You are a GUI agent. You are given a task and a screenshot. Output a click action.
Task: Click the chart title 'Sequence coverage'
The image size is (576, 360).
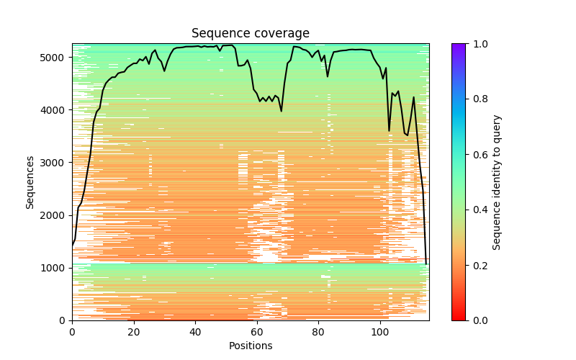[251, 34]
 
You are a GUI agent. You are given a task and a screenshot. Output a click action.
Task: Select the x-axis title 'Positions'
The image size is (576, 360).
[251, 346]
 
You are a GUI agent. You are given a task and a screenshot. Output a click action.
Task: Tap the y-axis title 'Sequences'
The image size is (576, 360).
[30, 182]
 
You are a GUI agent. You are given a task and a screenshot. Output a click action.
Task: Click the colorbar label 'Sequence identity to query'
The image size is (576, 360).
[498, 182]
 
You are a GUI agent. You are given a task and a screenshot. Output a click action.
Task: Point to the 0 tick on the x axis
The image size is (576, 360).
[72, 332]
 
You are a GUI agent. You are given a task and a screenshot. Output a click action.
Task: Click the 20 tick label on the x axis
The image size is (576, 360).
[133, 332]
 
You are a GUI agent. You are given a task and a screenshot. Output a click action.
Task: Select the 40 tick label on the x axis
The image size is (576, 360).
[195, 332]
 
